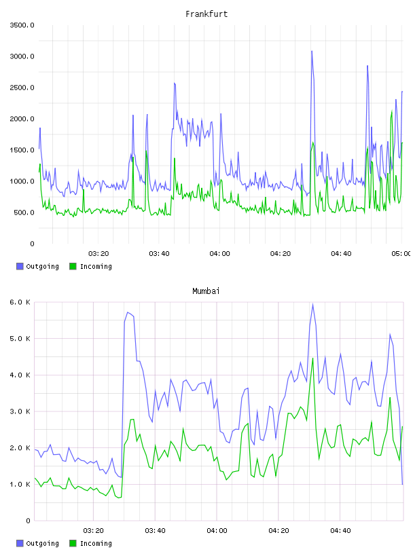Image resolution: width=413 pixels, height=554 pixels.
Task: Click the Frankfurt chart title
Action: (206, 14)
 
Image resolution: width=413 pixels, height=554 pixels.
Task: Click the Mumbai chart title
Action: (206, 291)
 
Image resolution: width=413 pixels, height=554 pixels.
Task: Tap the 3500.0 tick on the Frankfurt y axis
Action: (22, 25)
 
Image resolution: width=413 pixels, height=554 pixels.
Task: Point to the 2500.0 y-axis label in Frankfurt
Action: (22, 88)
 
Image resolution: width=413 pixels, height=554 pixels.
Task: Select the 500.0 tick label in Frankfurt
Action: (24, 213)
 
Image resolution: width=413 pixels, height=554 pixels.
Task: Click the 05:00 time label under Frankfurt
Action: (401, 253)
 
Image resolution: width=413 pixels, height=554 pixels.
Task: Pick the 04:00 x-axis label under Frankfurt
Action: (219, 253)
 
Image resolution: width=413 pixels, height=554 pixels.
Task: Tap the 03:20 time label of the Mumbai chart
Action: (93, 530)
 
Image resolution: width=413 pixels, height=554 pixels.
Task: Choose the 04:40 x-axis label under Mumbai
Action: (340, 530)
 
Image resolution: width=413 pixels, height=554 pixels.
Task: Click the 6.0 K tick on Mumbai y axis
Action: (20, 302)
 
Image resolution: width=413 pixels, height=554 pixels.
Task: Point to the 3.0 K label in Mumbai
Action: (20, 411)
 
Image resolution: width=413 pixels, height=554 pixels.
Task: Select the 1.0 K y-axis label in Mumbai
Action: (20, 484)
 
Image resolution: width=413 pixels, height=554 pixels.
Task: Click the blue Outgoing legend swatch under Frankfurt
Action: (20, 266)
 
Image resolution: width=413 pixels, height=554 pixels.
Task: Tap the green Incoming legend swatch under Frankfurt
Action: (73, 266)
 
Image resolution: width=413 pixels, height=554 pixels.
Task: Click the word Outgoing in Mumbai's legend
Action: (42, 543)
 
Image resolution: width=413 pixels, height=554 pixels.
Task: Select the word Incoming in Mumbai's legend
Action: (96, 543)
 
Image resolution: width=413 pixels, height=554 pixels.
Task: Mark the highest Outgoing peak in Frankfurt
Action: (312, 51)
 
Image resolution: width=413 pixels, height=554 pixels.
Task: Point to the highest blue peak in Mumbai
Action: (312, 304)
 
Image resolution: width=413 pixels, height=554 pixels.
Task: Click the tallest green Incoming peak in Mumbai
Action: (312, 358)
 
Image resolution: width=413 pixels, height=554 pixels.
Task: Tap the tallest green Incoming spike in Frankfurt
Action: (391, 111)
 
